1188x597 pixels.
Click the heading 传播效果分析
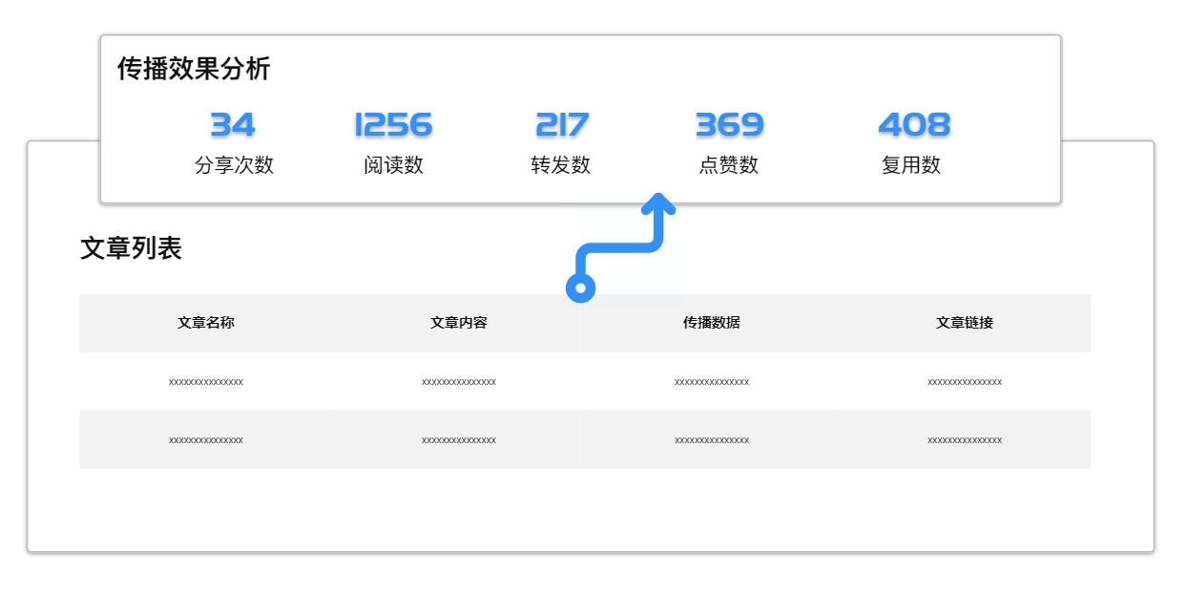pyautogui.click(x=194, y=69)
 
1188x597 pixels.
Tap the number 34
pyautogui.click(x=233, y=125)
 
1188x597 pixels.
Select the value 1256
pyautogui.click(x=393, y=125)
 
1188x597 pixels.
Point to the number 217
pyautogui.click(x=562, y=125)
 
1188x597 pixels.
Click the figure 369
pyautogui.click(x=729, y=125)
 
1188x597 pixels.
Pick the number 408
pyautogui.click(x=914, y=125)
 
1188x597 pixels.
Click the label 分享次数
pyautogui.click(x=234, y=164)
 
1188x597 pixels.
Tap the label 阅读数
pyautogui.click(x=393, y=164)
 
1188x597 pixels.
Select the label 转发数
pyautogui.click(x=560, y=164)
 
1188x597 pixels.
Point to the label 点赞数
pyautogui.click(x=729, y=164)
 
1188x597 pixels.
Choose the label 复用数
pyautogui.click(x=911, y=164)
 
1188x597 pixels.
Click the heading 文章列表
pyautogui.click(x=131, y=248)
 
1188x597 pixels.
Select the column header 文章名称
pyautogui.click(x=206, y=323)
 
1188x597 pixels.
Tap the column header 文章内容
pyautogui.click(x=459, y=323)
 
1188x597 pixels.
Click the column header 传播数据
pyautogui.click(x=712, y=323)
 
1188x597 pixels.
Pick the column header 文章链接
pyautogui.click(x=965, y=323)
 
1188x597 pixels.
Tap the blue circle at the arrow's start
pyautogui.click(x=581, y=288)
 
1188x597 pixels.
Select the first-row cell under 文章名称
pyautogui.click(x=206, y=382)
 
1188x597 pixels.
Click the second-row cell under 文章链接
pyautogui.click(x=965, y=439)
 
